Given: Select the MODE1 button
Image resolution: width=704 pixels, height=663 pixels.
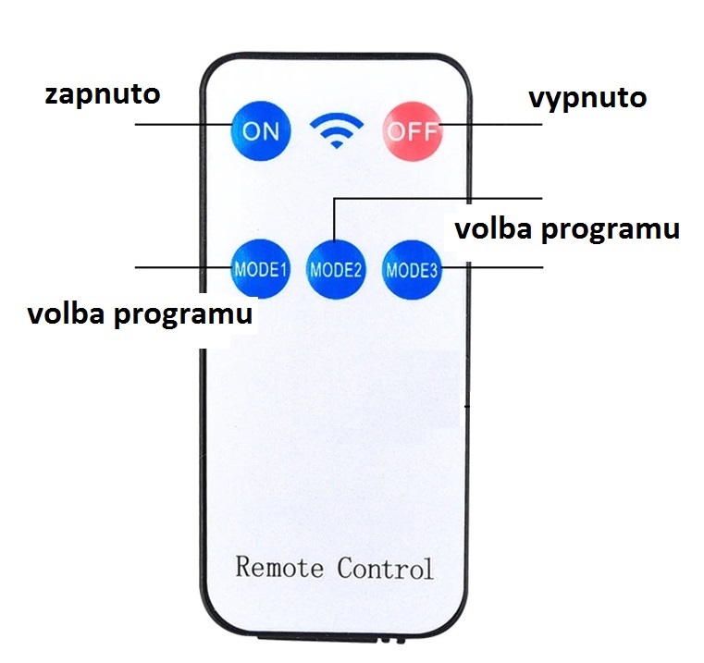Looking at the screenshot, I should (261, 269).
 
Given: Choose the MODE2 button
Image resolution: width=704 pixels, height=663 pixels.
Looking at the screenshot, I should (335, 270).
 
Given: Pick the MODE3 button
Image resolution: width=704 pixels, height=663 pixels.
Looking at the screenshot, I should (412, 270).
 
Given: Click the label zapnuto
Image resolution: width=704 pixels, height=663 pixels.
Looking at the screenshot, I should (102, 94).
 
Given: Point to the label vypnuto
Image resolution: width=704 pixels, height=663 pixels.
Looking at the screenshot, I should (587, 97).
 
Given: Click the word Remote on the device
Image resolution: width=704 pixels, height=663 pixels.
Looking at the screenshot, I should (280, 566).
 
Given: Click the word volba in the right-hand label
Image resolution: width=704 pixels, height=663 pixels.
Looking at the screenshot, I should (492, 229).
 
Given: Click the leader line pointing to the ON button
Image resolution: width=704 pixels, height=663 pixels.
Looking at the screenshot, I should (185, 123).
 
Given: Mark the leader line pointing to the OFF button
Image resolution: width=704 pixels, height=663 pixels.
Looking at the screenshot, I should (490, 123).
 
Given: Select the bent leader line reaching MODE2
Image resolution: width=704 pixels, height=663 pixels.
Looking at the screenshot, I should (435, 198).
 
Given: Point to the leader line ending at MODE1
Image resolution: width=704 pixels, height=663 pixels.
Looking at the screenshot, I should (185, 267).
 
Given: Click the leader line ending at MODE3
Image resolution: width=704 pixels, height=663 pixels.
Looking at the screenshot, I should (490, 267).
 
